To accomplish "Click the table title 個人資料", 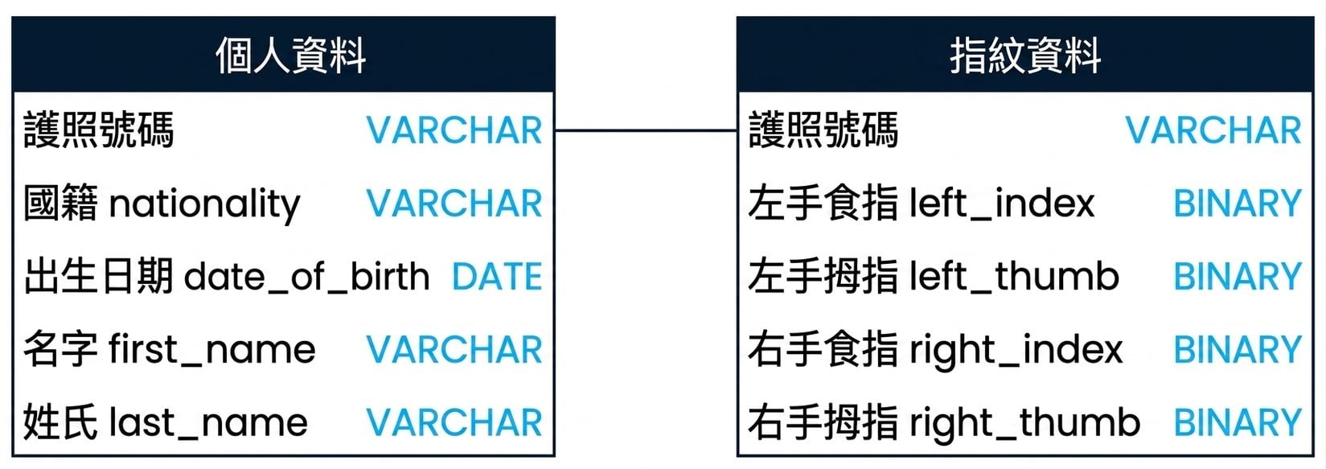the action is click(x=290, y=56).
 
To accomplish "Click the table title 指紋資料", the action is click(x=1025, y=56).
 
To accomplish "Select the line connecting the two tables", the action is click(x=646, y=130).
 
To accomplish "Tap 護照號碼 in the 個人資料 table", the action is click(x=99, y=130).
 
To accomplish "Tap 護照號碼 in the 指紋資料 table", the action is click(x=823, y=130).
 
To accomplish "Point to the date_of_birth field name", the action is click(x=307, y=277).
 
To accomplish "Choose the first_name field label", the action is click(x=212, y=350).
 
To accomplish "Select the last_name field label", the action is click(x=208, y=423).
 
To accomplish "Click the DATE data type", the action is click(x=497, y=277).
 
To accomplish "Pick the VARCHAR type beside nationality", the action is click(x=454, y=203).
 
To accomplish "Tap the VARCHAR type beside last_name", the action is click(x=454, y=422).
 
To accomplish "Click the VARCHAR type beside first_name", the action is click(x=454, y=349).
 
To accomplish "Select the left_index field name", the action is click(x=1002, y=204).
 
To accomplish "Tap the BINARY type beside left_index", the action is click(x=1238, y=203).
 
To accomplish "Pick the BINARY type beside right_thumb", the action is click(x=1238, y=422).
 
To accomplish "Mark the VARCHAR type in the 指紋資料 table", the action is click(x=1213, y=130).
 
